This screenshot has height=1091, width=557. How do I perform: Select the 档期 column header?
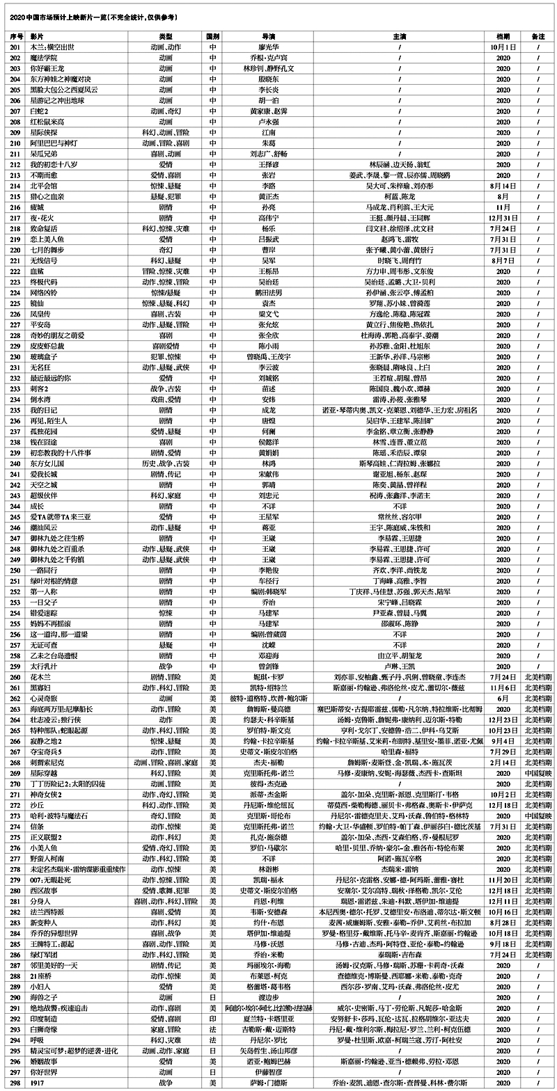(503, 35)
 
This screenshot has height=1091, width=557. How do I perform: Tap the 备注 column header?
(538, 35)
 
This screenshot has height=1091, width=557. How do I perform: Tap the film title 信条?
(37, 826)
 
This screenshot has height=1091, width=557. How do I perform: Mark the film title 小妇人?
(39, 986)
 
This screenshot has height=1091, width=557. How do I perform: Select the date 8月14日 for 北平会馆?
(503, 186)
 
